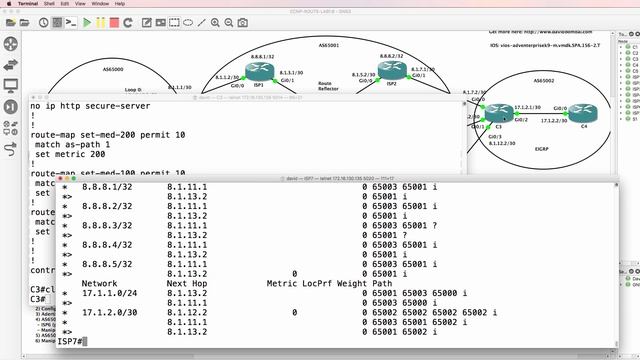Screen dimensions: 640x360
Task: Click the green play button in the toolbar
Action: [87, 21]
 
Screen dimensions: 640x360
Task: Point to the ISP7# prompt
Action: [70, 342]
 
